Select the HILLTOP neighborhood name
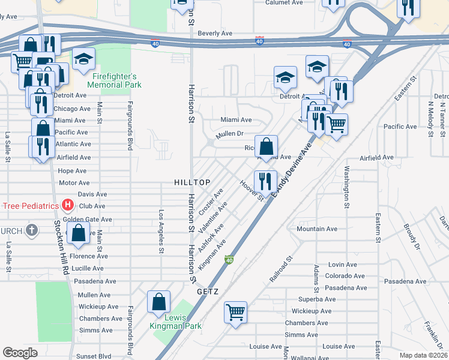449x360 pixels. pos(192,182)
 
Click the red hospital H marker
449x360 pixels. pos(68,206)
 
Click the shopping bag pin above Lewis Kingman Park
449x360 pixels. pos(159,301)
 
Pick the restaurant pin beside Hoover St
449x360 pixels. pos(265,179)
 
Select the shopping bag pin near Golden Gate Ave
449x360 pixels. pos(78,232)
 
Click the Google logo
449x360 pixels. pos(20,353)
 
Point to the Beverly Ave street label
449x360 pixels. pos(215,34)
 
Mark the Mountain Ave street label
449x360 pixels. pos(317,229)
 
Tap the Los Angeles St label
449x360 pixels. pos(161,228)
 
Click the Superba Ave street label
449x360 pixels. pos(316,299)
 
